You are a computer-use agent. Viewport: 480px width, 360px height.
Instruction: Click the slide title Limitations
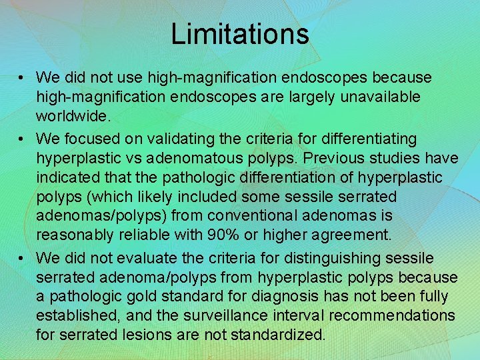239,33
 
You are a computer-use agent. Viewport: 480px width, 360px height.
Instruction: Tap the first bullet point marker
22,78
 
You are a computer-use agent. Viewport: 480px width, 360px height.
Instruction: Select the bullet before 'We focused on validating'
22,139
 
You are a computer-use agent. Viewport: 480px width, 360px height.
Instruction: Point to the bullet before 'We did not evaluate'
22,258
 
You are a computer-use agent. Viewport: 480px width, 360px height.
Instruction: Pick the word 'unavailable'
380,97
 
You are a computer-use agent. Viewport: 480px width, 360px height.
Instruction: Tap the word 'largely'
309,97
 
